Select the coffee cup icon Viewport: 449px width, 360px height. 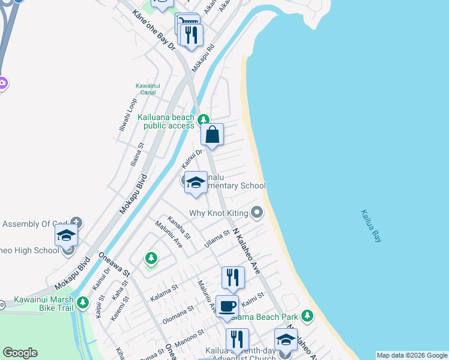[x=227, y=305]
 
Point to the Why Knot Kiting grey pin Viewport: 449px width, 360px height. [x=258, y=212]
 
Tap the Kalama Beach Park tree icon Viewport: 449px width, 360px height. [x=308, y=315]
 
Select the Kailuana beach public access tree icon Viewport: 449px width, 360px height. [x=204, y=119]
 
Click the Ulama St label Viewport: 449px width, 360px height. [x=218, y=235]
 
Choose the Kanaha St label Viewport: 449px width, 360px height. [x=179, y=227]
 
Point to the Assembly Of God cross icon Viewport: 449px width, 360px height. [x=76, y=222]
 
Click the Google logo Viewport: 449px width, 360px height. [x=20, y=353]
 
